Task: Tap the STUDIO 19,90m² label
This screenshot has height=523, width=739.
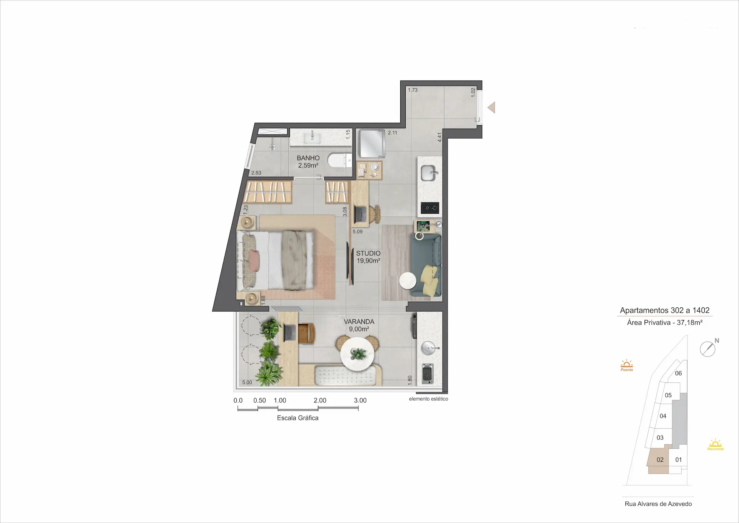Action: click(368, 257)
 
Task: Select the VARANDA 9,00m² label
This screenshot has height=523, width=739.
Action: click(359, 325)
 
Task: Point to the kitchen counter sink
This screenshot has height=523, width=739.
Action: click(428, 173)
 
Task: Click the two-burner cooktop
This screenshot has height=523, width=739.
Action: click(430, 208)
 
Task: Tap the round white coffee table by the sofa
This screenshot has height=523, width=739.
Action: click(408, 280)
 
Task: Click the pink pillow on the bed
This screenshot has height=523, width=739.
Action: click(254, 261)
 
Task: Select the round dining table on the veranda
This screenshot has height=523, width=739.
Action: click(358, 354)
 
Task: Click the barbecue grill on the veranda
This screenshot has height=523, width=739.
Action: click(427, 374)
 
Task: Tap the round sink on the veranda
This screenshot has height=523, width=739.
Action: click(429, 348)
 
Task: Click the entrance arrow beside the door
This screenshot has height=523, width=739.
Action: click(491, 107)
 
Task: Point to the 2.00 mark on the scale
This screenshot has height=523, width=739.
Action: click(320, 401)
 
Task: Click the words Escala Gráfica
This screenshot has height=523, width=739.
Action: click(298, 418)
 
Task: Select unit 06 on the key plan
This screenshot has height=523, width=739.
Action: click(678, 373)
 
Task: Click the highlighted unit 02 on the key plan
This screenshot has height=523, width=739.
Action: click(660, 459)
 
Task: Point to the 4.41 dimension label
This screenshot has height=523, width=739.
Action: click(440, 137)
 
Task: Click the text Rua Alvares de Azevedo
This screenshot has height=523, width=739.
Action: click(658, 504)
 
